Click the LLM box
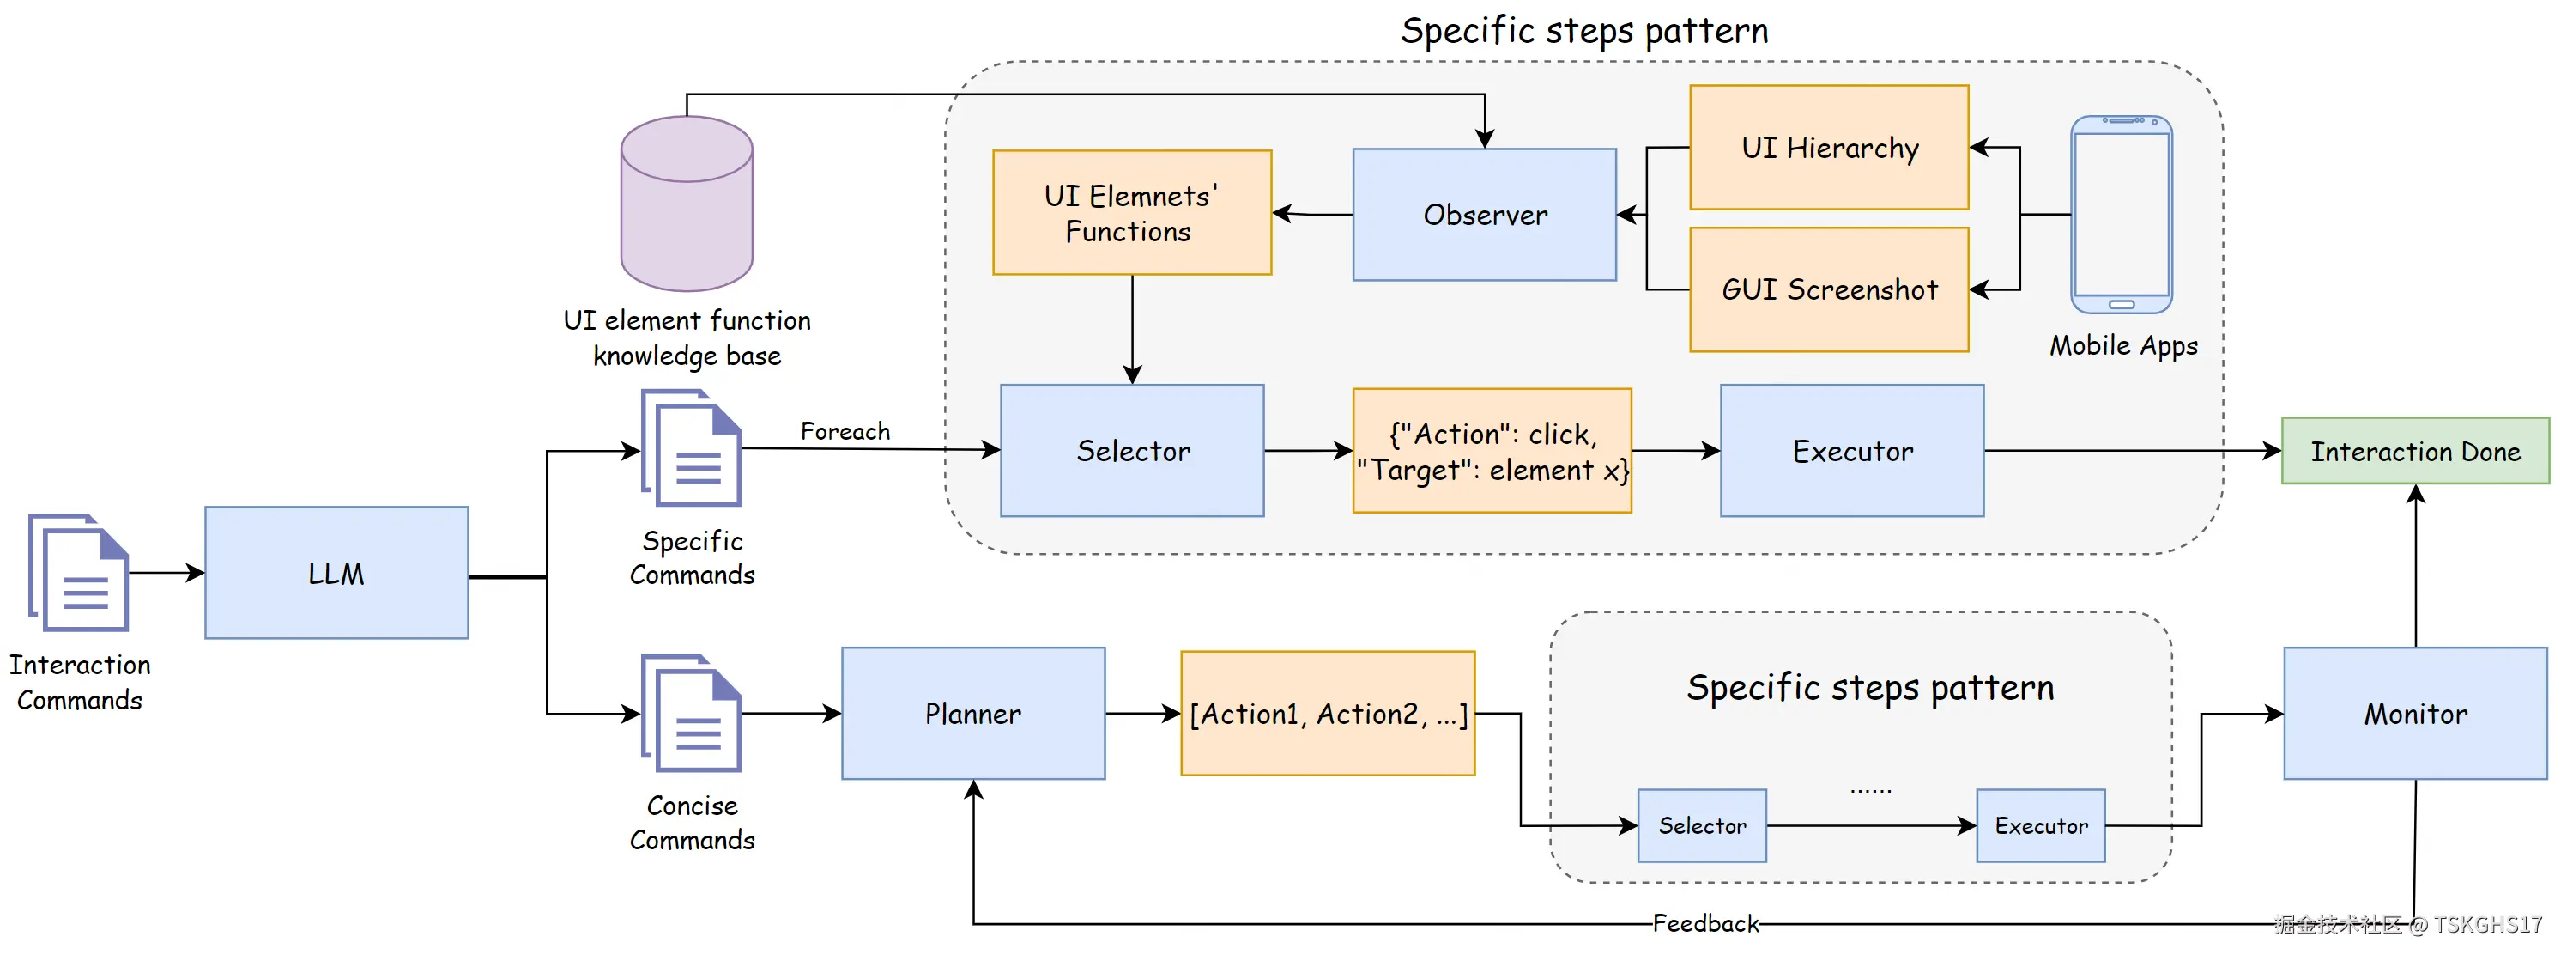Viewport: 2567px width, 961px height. point(336,572)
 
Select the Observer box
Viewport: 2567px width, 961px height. point(1484,215)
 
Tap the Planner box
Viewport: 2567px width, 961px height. point(972,713)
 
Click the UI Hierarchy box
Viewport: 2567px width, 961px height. point(1829,148)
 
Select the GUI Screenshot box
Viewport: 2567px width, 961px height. point(1829,289)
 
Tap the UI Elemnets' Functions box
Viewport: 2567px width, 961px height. point(1131,212)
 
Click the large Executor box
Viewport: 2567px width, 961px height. point(1851,451)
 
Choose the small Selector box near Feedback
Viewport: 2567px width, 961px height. point(1701,825)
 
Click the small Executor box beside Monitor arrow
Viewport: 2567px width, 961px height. point(2040,825)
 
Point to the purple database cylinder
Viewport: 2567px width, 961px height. point(687,204)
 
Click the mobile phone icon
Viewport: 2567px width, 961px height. point(2121,215)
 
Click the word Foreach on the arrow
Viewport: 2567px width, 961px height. point(845,430)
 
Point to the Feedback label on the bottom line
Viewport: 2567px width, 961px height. point(1705,923)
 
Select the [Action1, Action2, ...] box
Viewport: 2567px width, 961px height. point(1328,713)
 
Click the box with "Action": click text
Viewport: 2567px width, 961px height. point(1492,451)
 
